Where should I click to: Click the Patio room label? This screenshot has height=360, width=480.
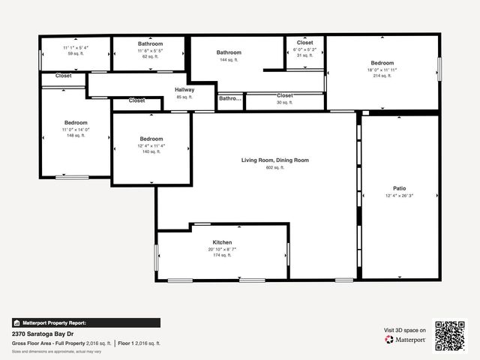(400, 188)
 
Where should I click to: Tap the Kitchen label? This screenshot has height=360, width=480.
(222, 242)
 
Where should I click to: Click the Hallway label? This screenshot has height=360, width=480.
(184, 90)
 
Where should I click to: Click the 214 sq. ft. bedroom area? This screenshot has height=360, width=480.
(382, 76)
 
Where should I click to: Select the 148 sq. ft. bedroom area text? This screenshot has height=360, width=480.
(76, 136)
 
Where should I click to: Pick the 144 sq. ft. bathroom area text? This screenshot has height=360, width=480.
(229, 60)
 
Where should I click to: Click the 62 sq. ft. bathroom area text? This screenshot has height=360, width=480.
(150, 56)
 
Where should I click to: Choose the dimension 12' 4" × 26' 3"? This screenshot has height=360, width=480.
(400, 196)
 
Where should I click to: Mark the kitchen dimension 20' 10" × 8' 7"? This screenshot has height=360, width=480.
(222, 249)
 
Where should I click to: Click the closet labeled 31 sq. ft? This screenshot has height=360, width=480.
(304, 55)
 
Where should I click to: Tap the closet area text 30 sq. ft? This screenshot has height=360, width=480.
(284, 102)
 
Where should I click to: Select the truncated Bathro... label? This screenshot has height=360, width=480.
(230, 98)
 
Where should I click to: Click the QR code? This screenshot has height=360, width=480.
(451, 335)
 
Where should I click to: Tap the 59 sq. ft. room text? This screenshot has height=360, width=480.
(76, 54)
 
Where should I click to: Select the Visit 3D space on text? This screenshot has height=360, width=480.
(405, 330)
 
